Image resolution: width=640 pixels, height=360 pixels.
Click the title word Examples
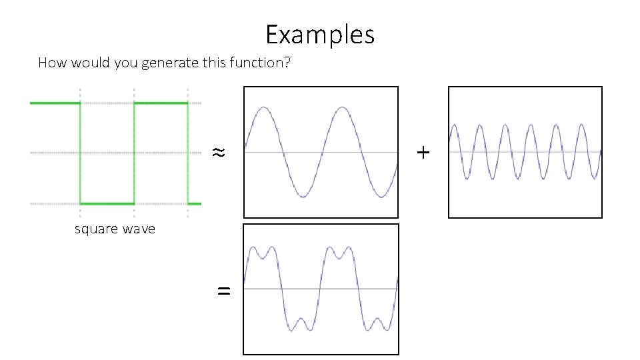tap(320, 34)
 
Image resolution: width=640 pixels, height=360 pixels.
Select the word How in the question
tap(50, 63)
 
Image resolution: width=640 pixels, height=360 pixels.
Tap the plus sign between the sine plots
tap(423, 153)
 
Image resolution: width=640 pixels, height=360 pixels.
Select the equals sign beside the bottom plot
tap(224, 290)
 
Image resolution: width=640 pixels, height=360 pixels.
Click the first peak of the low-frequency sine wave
tap(264, 107)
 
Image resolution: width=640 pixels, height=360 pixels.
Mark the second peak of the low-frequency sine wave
tap(341, 107)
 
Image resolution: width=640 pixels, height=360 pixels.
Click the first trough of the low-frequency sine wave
tap(303, 197)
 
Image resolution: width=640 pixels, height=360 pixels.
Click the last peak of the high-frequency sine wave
tap(582, 125)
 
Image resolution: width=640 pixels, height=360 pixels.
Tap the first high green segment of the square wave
tap(55, 103)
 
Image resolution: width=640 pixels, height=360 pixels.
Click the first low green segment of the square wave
tap(107, 203)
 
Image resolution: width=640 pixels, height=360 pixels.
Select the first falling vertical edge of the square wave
tap(81, 153)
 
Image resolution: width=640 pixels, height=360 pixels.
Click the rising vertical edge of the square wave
tap(134, 153)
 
